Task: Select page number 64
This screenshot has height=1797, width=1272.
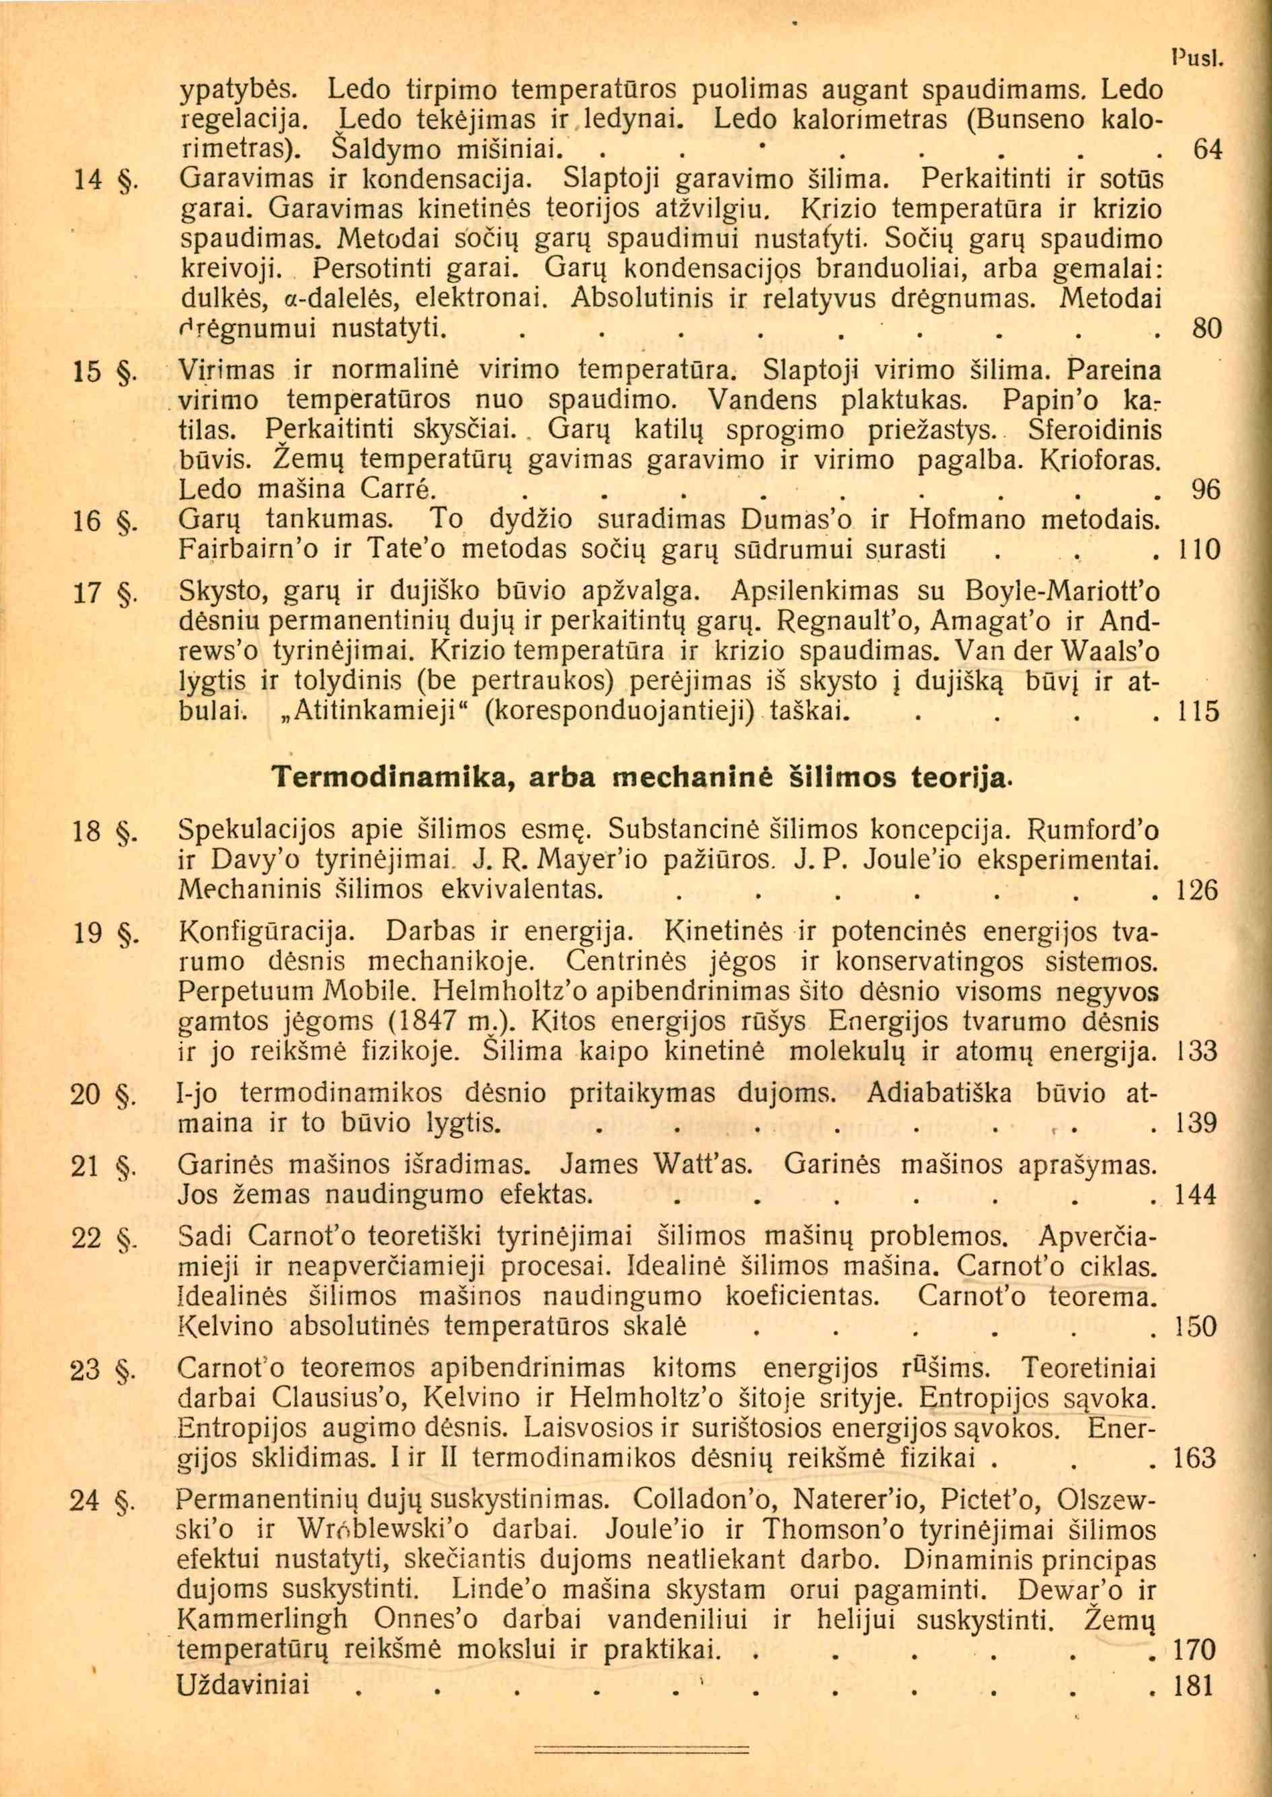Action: click(x=1206, y=149)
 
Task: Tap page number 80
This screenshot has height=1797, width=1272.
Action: click(x=1206, y=328)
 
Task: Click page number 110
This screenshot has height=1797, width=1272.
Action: click(x=1199, y=551)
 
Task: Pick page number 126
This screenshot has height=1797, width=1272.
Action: click(x=1199, y=890)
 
